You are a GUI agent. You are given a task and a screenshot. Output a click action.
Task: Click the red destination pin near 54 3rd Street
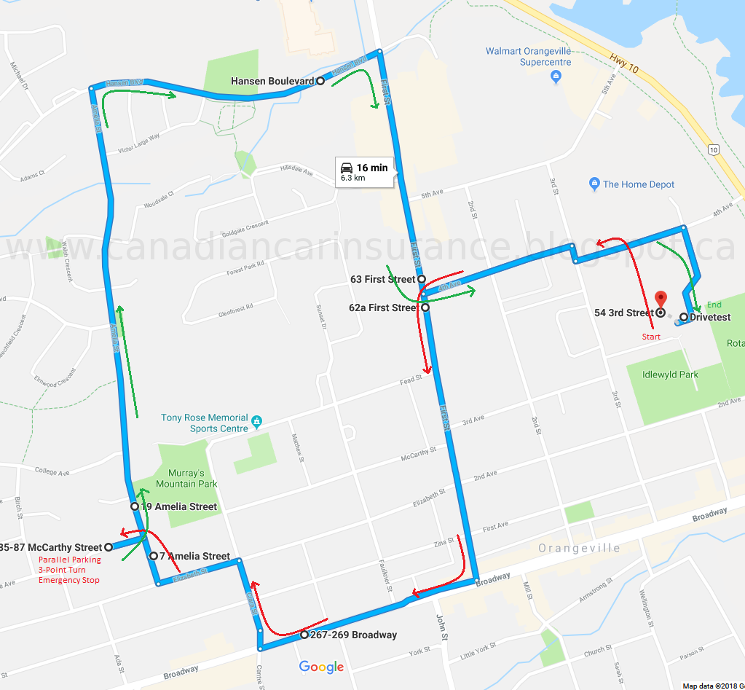click(661, 299)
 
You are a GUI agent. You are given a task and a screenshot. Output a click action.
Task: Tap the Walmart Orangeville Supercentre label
click(529, 56)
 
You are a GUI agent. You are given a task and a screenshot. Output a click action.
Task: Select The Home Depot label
click(639, 184)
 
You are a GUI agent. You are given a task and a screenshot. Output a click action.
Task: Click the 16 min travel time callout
click(365, 172)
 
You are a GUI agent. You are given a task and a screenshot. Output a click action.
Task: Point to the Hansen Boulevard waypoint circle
click(320, 81)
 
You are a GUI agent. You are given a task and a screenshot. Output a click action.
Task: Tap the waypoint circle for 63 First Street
click(422, 279)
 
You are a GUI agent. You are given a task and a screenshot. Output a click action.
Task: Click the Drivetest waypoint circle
click(683, 317)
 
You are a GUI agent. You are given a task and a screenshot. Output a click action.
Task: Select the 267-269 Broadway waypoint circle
click(304, 635)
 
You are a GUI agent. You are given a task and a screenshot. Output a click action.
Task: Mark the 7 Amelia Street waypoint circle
click(153, 556)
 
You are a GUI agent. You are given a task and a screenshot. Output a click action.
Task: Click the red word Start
click(651, 337)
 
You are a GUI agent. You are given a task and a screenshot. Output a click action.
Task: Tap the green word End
click(714, 305)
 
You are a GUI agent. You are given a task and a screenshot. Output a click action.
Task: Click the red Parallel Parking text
click(70, 560)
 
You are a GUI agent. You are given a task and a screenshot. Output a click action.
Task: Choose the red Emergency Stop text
click(69, 580)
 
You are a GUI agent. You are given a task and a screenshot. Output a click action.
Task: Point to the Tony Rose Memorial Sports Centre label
click(205, 423)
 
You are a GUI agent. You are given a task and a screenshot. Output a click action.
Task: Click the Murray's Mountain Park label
click(186, 478)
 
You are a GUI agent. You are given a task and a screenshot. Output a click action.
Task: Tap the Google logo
click(321, 667)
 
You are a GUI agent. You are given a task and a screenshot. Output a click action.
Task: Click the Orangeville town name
click(579, 548)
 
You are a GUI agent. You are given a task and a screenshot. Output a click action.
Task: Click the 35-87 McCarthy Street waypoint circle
click(108, 547)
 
